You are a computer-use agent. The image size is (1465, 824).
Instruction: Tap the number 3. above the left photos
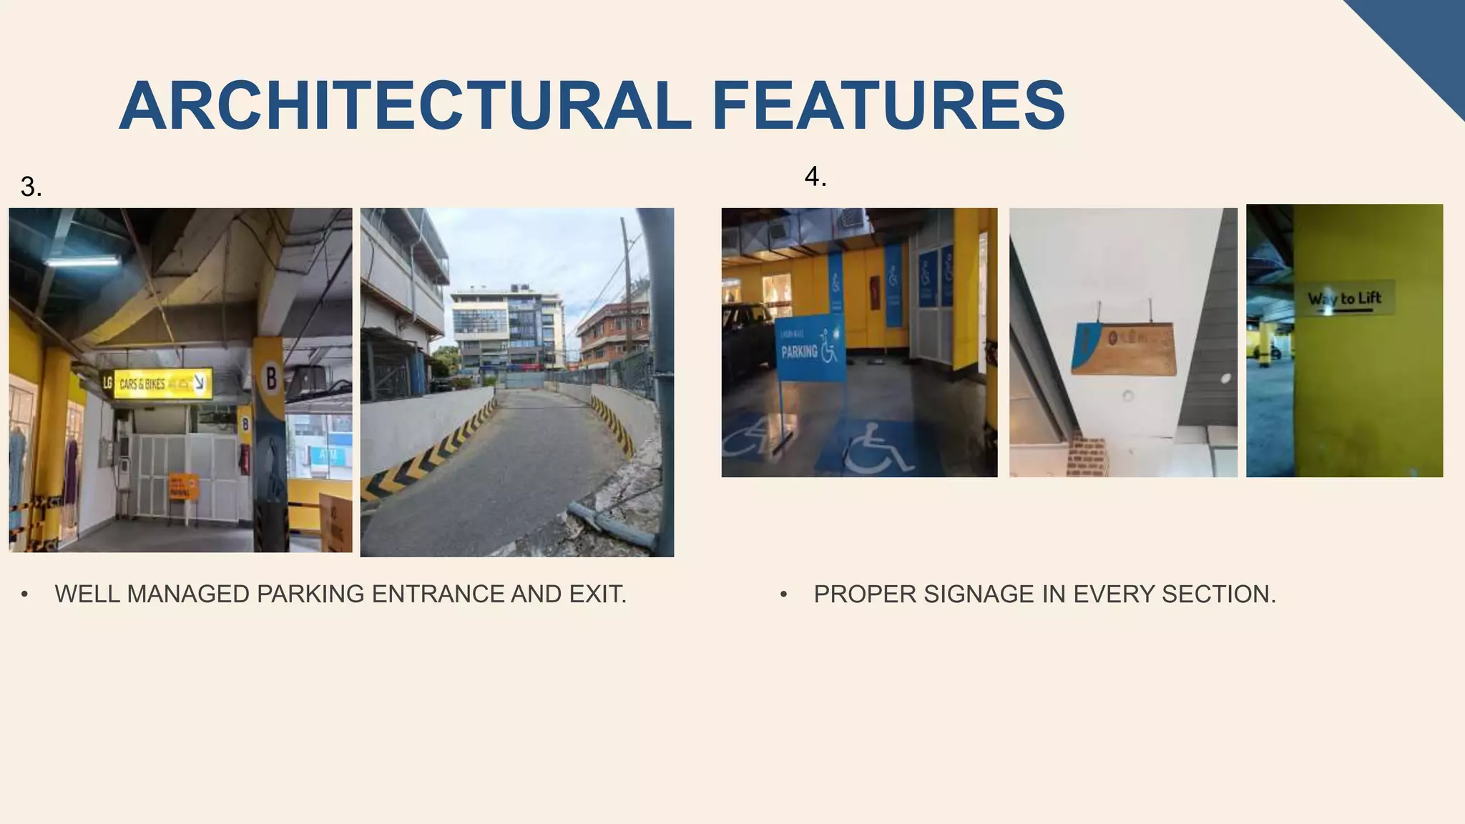tap(31, 187)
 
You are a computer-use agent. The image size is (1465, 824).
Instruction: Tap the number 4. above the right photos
tap(815, 177)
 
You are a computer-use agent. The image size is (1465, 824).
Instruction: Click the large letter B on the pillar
tap(270, 377)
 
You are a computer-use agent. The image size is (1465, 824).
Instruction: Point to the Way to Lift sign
tap(1344, 298)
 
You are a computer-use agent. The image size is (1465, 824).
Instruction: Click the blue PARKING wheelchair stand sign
tap(810, 350)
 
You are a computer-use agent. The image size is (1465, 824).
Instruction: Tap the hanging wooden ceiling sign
tap(1124, 348)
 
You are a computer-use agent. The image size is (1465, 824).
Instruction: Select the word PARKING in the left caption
tap(310, 594)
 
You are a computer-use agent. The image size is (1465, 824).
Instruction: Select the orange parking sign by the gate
tap(184, 486)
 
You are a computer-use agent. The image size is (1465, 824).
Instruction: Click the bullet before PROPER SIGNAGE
tap(784, 594)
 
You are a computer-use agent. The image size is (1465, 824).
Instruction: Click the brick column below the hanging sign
tap(1086, 454)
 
